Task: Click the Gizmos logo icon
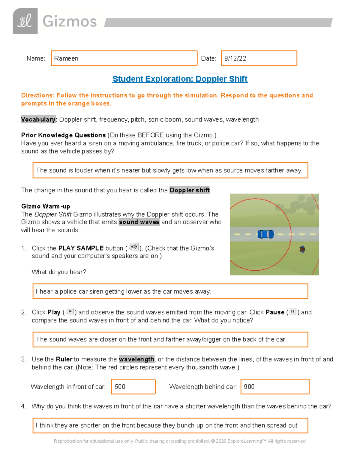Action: coord(25,21)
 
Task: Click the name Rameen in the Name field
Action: coord(66,59)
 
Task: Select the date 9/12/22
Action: coord(235,59)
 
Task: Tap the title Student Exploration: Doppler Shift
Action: coord(180,79)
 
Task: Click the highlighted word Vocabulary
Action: coord(39,119)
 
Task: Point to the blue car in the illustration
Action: coord(266,234)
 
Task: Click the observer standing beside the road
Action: coord(302,249)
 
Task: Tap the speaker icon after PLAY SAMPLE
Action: coord(133,247)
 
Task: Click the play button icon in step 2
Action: coord(70,311)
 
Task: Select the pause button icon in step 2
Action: coord(292,311)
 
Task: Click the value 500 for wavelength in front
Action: coord(120,387)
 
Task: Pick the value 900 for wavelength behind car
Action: coord(249,387)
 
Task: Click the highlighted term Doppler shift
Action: coord(190,190)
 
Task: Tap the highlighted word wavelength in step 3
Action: coord(136,359)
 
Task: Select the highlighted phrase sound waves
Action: coord(139,222)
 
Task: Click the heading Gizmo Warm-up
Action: coord(46,206)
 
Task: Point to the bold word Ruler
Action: coord(64,359)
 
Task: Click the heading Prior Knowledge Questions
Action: coord(63,135)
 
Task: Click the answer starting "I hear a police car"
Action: coord(123,291)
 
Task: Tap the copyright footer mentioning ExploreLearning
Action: coord(179,441)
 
